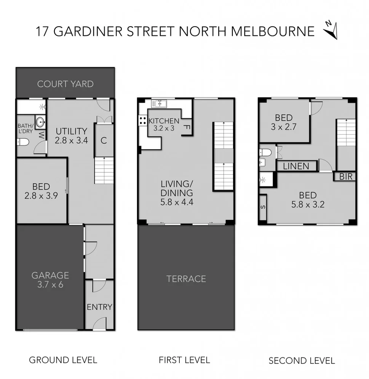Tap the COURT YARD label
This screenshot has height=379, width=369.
pos(65,84)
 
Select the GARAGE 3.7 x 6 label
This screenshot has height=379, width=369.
pos(50,279)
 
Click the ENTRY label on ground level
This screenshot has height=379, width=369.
pos(99,307)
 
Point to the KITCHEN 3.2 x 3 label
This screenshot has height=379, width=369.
pos(164,124)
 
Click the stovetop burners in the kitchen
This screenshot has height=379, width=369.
pos(143,121)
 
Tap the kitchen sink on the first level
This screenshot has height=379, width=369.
pos(160,103)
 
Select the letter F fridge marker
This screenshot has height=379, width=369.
pos(187,128)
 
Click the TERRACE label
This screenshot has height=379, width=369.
pos(186,279)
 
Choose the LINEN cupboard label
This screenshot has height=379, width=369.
pos(297,166)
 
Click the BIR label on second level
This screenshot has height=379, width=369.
pos(345,177)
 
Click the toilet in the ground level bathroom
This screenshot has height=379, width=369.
pos(24,142)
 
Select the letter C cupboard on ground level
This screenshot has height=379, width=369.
pos(104,140)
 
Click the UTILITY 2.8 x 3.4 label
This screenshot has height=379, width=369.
pos(72,136)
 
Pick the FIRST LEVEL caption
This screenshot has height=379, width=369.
pos(184,360)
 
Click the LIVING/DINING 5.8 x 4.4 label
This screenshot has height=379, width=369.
pos(177,193)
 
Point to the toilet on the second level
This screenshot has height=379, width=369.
pos(266,153)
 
